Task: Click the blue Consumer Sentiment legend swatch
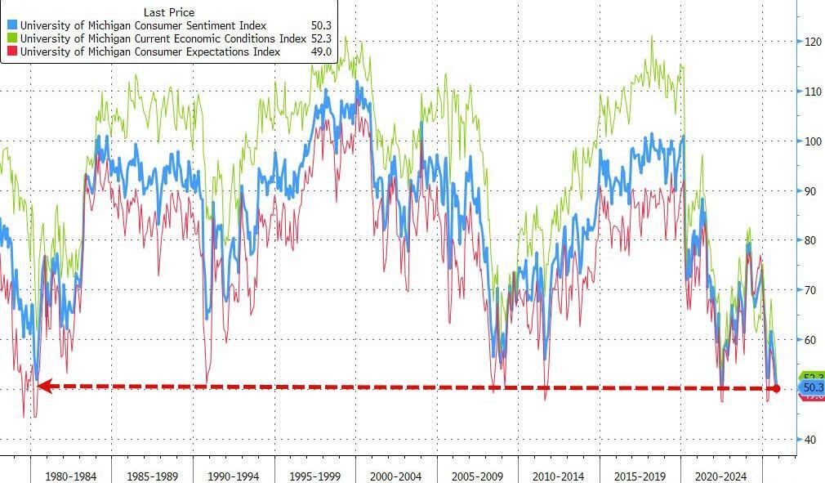(11, 26)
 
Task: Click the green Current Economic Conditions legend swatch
(11, 38)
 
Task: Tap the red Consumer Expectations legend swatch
(11, 51)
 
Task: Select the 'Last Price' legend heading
(169, 12)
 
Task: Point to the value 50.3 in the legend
(320, 26)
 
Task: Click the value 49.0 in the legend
(320, 51)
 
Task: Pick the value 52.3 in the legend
(320, 38)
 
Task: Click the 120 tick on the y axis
(811, 42)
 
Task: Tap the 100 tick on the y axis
(811, 141)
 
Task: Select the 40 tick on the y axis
(809, 440)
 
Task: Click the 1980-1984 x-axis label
(71, 475)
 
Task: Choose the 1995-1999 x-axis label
(315, 475)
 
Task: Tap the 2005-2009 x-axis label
(478, 475)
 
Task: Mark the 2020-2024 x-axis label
(721, 475)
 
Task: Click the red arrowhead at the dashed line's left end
(43, 386)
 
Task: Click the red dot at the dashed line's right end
(776, 388)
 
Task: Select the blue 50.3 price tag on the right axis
(812, 387)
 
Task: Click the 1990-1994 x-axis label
(234, 475)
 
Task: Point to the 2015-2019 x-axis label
(640, 475)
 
